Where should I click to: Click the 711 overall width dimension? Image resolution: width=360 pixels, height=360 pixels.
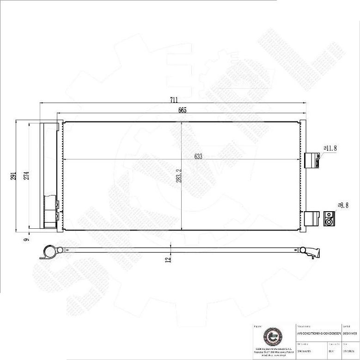(x=173, y=99)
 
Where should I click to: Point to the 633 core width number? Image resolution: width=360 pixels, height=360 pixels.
(x=198, y=157)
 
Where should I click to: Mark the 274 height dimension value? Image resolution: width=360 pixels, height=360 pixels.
(x=26, y=175)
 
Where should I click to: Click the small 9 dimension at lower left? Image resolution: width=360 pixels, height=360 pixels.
(x=27, y=239)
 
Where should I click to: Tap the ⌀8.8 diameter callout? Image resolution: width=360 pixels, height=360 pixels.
(x=343, y=205)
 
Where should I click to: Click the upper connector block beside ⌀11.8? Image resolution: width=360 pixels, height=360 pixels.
(x=312, y=160)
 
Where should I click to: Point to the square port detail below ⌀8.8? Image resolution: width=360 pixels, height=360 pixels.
(x=329, y=219)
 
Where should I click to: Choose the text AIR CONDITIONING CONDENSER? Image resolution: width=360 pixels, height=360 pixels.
(x=318, y=333)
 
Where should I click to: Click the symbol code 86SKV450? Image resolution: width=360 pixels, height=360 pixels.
(x=350, y=333)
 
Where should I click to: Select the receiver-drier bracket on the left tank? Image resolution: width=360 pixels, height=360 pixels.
(x=51, y=211)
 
